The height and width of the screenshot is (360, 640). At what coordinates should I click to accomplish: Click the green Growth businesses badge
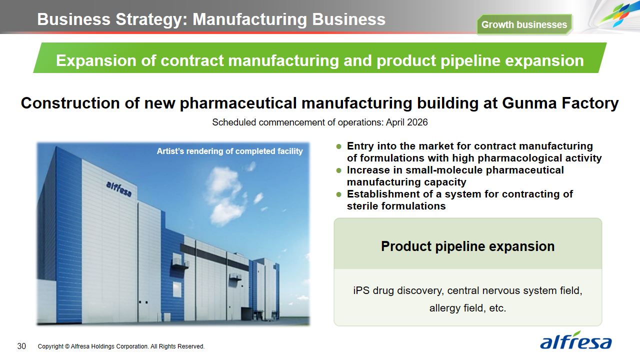pos(524,24)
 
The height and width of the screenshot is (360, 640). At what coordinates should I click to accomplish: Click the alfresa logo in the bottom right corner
pos(575,340)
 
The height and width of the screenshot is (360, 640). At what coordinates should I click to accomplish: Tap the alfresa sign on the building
pos(119,189)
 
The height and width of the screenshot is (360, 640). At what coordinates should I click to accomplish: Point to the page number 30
pos(21,346)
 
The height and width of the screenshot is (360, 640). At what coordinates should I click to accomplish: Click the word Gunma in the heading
pos(529,103)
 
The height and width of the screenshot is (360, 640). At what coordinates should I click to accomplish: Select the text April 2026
pos(406,122)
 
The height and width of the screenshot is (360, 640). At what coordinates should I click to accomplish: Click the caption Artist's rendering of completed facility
pos(229,151)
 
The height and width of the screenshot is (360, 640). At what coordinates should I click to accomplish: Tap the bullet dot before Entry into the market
pos(339,146)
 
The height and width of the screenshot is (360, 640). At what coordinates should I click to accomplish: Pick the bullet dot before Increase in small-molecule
pos(339,170)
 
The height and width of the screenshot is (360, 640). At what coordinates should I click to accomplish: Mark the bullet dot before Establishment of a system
pos(339,194)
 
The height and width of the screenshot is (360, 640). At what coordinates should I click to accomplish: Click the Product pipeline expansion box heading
pos(467,246)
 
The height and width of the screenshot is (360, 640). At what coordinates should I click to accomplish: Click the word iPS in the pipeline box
pos(361,290)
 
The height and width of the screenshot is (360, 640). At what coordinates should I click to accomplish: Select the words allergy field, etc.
pos(467,308)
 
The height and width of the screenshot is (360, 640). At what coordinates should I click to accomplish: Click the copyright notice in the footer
pos(121,346)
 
